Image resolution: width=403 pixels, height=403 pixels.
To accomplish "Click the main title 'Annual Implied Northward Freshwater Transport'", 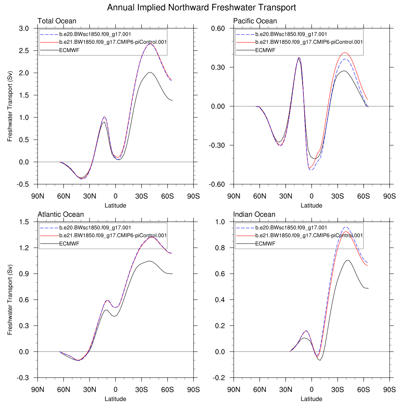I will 201,7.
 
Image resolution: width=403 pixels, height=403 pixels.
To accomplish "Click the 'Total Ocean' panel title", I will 57,21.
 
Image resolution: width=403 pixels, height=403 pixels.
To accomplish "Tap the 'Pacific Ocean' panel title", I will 255,21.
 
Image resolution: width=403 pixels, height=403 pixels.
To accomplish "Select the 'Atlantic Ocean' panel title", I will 61,214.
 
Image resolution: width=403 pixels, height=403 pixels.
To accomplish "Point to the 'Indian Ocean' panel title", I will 254,214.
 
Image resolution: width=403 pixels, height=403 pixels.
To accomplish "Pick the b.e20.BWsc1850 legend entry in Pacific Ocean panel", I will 291,34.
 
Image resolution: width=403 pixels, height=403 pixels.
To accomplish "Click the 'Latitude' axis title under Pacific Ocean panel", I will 311,205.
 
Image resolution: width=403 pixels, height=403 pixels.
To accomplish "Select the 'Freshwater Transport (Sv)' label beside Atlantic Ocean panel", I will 10,300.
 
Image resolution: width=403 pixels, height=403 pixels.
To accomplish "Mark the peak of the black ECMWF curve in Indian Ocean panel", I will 348,260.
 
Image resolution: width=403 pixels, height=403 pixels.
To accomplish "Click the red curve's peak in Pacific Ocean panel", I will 345,53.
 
